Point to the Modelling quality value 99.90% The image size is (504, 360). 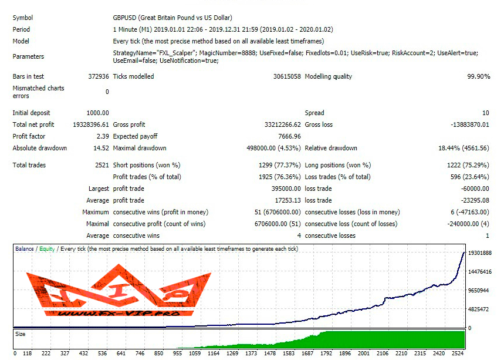point(478,76)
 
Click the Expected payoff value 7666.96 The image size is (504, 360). point(286,136)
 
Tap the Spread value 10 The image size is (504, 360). point(485,113)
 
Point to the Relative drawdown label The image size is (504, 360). point(331,148)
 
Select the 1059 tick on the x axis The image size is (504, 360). point(195,354)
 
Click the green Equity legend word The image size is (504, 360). point(47,249)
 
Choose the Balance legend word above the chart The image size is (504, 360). point(25,249)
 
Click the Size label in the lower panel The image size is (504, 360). point(21,334)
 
